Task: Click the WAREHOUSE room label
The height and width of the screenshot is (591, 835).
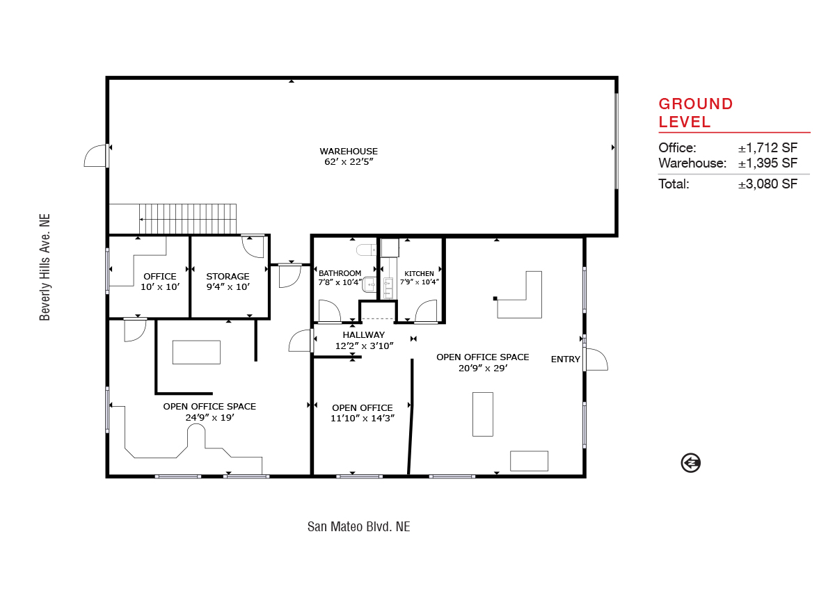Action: (x=349, y=151)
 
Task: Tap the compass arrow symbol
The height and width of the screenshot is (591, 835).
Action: (x=690, y=463)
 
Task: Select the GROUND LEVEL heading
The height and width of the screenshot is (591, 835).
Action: (x=696, y=113)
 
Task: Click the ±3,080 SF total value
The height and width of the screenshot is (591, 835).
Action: (x=768, y=184)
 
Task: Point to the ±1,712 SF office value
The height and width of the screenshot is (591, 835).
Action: (x=768, y=148)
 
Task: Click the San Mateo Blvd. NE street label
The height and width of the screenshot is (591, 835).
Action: (x=358, y=526)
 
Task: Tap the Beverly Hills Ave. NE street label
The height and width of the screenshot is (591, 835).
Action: (x=45, y=267)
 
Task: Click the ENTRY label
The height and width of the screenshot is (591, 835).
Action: (x=566, y=359)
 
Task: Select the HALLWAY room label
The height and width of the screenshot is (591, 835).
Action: (x=364, y=335)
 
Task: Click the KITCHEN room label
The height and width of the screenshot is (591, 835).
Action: (x=419, y=274)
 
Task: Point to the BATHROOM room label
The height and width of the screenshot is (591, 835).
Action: (x=340, y=273)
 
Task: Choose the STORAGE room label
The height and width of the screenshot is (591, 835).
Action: (x=228, y=276)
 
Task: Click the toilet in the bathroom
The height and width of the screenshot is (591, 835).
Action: (x=367, y=250)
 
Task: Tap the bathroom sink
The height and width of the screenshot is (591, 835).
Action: (x=369, y=285)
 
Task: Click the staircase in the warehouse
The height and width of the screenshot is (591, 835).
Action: (x=188, y=219)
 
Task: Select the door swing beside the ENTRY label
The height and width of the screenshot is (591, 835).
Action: (x=596, y=359)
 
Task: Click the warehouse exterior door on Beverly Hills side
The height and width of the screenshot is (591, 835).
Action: (x=96, y=156)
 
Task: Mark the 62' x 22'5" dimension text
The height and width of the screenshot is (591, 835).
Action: (x=349, y=161)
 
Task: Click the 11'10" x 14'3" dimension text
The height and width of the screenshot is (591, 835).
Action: (x=363, y=418)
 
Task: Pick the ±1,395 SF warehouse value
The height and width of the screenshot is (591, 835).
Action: (x=768, y=163)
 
